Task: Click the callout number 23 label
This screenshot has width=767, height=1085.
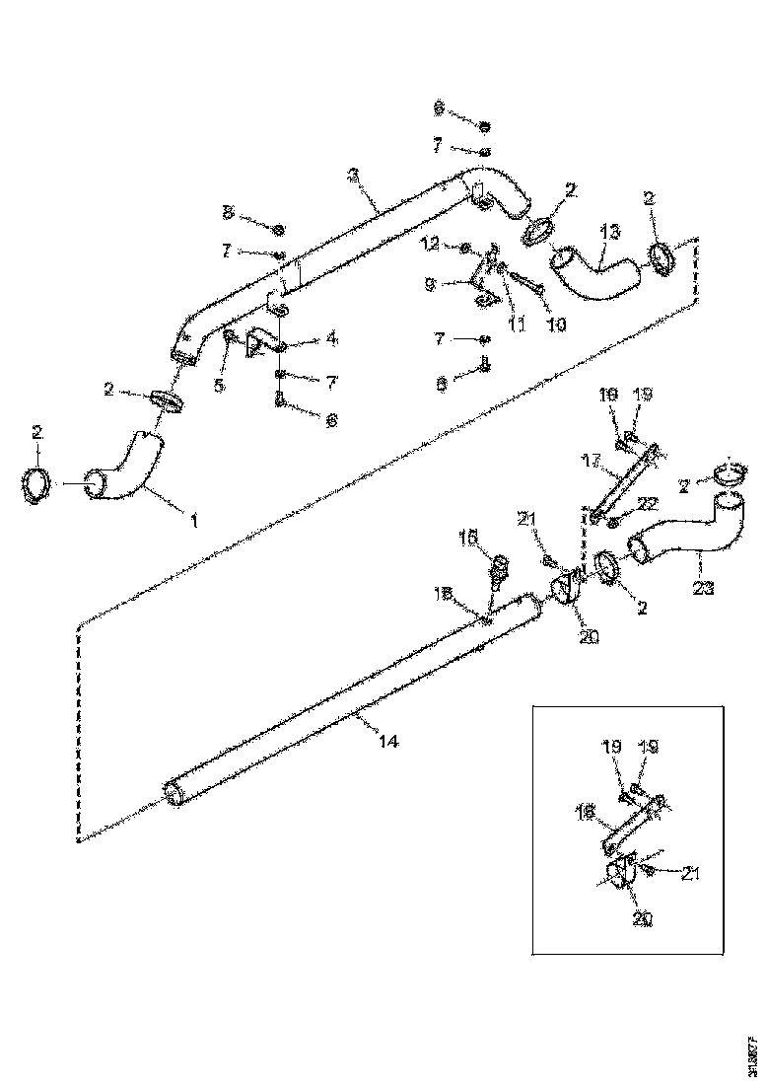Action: tap(703, 588)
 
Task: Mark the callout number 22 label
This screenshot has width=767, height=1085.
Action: tap(648, 503)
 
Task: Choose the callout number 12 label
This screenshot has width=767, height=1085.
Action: tap(430, 243)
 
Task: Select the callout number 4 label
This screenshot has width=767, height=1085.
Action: tap(331, 338)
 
